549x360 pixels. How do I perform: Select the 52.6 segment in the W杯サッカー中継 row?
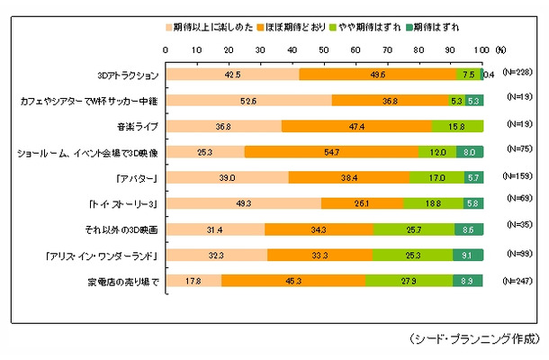point(249,101)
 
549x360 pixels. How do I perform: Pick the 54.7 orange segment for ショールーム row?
point(332,152)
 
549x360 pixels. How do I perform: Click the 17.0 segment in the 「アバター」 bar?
point(437,178)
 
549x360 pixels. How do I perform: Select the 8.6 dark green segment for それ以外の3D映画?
point(468,229)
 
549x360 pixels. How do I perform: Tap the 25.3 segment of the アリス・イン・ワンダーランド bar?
point(413,256)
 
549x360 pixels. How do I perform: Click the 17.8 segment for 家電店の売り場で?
point(195,282)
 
